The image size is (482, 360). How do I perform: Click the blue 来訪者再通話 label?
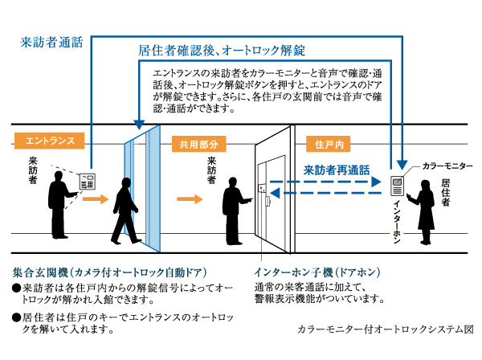tap(336, 170)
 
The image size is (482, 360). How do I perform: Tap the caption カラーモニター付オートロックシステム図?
tap(386, 329)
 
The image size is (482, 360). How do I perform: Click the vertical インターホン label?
tap(396, 221)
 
